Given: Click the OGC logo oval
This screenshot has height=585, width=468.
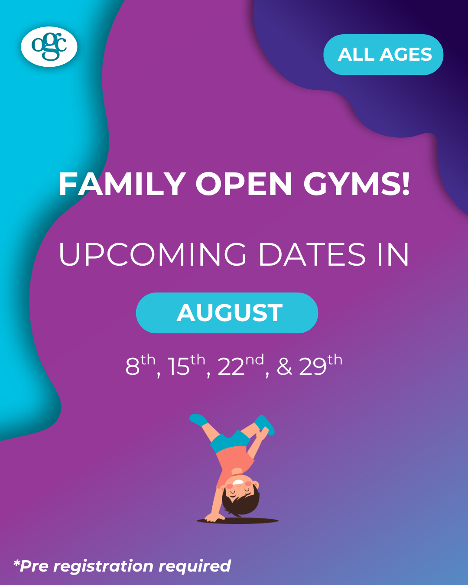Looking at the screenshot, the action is click(49, 46).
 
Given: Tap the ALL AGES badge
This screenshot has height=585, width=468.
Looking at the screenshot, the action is click(383, 54).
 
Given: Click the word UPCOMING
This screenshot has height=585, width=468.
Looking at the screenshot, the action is click(152, 254).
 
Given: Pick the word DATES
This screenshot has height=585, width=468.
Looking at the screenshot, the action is click(312, 254).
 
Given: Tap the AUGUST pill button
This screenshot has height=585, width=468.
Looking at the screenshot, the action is click(227, 312).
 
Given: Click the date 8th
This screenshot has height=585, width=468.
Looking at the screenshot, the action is click(140, 365).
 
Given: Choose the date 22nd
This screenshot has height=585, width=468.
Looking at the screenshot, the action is click(240, 365).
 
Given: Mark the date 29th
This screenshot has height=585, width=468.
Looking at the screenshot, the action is click(321, 365).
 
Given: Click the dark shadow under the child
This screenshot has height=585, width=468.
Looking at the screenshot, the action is click(237, 521).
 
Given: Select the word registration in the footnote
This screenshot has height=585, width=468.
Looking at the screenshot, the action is click(103, 567).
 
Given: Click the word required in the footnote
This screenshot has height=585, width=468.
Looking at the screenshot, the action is click(195, 567).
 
